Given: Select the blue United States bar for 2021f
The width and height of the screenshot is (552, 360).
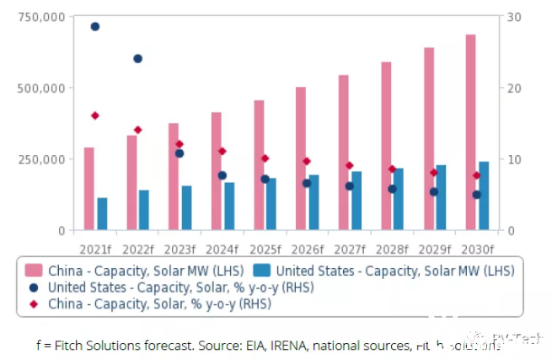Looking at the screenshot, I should tap(102, 214).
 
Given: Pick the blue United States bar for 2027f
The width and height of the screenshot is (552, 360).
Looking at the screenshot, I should tap(356, 201).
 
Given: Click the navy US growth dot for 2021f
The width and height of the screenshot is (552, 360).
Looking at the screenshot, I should tap(95, 27).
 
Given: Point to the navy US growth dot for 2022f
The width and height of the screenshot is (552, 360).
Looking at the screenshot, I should tap(137, 59).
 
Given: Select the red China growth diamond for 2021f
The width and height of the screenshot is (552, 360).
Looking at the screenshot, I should tap(95, 116).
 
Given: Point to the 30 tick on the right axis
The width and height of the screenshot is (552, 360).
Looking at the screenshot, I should tap(514, 17).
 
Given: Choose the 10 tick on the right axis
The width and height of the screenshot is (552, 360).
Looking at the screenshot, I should tap(514, 159).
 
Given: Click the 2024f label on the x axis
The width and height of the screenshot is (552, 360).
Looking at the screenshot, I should tap(222, 249).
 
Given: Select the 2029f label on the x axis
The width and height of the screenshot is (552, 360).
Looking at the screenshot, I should tap(435, 249).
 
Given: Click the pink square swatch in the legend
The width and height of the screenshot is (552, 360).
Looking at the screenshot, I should tap(34, 270).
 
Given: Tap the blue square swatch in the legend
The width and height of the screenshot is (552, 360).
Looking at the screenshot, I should tap(262, 270).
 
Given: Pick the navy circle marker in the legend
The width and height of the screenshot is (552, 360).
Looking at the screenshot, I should tap(34, 287).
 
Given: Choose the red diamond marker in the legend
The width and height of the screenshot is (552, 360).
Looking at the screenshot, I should tap(34, 304).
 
